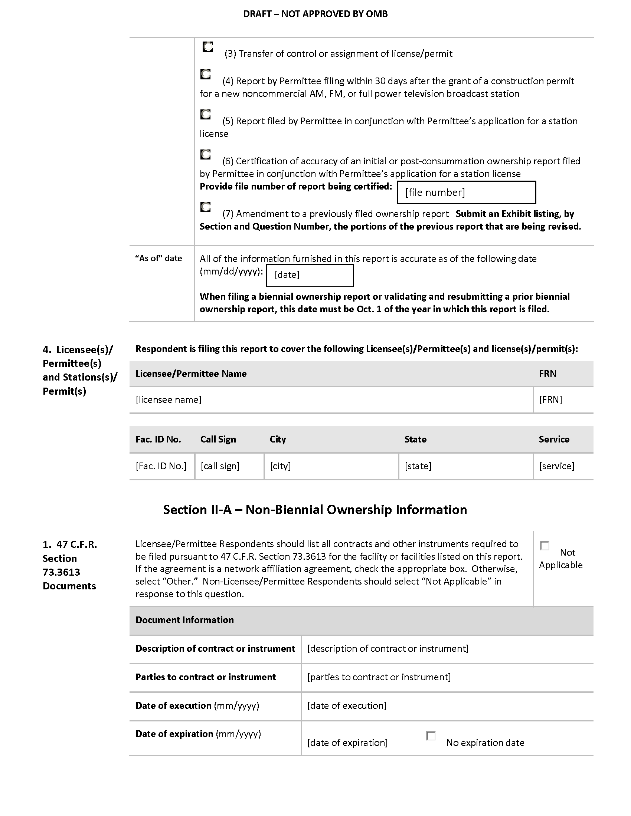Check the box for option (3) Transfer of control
point(207,47)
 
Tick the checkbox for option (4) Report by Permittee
point(205,74)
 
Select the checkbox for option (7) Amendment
point(205,207)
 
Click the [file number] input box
point(466,193)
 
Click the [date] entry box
point(310,275)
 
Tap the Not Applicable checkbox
point(545,546)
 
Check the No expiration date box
point(431,736)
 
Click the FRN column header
point(547,374)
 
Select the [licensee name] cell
point(168,400)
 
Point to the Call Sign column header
point(218,440)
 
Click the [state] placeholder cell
point(418,466)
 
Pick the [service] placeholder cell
point(557,466)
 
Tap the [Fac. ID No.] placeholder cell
point(161,466)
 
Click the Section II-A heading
point(315,510)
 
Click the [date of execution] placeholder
point(347,705)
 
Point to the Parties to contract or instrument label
point(206,677)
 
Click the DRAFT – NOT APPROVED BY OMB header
point(315,14)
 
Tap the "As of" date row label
point(158,258)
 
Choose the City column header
point(278,440)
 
